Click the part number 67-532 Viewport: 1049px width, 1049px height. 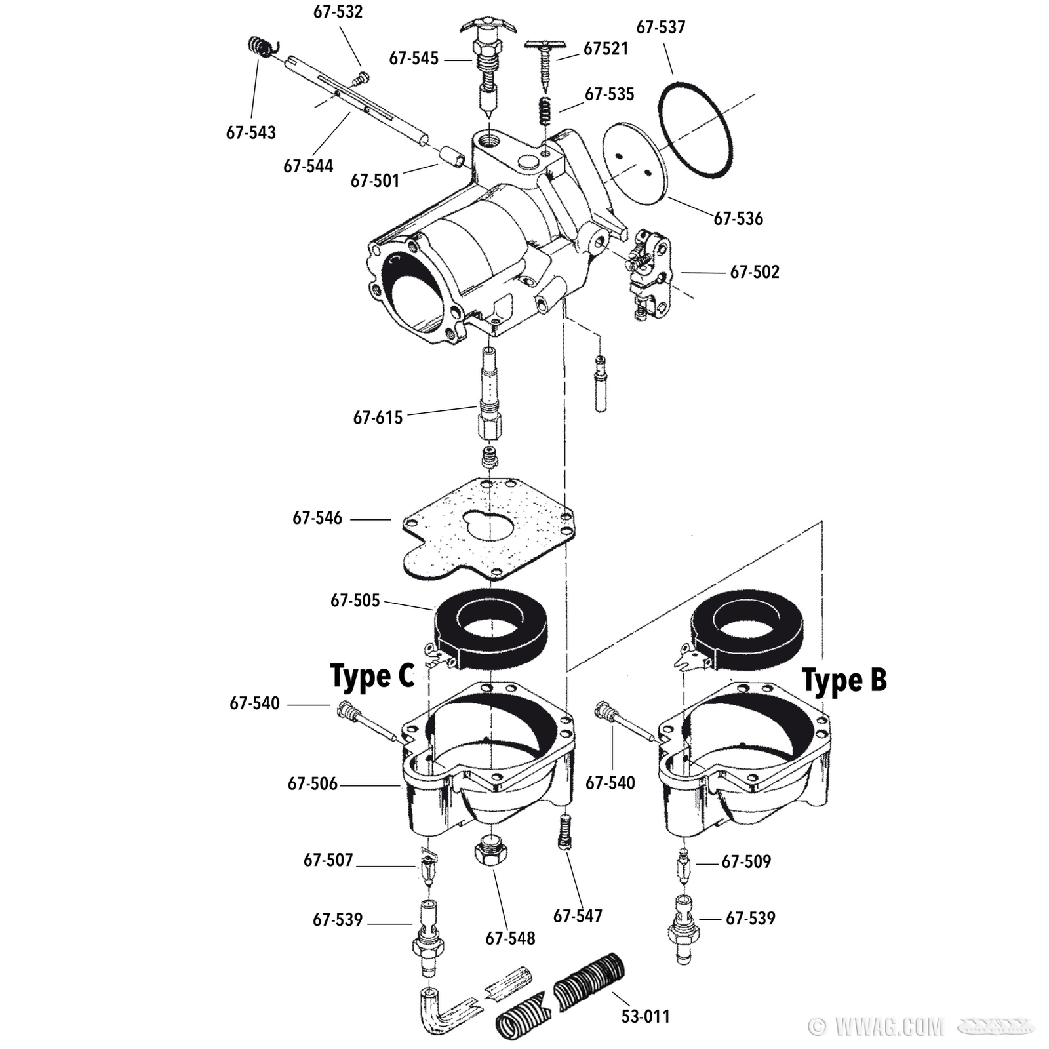pos(338,12)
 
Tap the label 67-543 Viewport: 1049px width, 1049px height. pos(251,132)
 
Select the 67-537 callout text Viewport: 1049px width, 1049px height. pos(661,27)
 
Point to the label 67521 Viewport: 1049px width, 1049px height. pos(606,49)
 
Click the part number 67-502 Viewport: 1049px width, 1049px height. pos(755,271)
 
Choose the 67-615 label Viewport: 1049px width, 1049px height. pos(378,417)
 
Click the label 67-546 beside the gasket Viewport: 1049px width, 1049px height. pos(317,518)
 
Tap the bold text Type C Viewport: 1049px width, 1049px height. pos(372,676)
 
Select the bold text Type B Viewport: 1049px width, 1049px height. pos(844,680)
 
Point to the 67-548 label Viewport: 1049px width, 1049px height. pos(510,938)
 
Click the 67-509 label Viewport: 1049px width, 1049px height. pos(746,861)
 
